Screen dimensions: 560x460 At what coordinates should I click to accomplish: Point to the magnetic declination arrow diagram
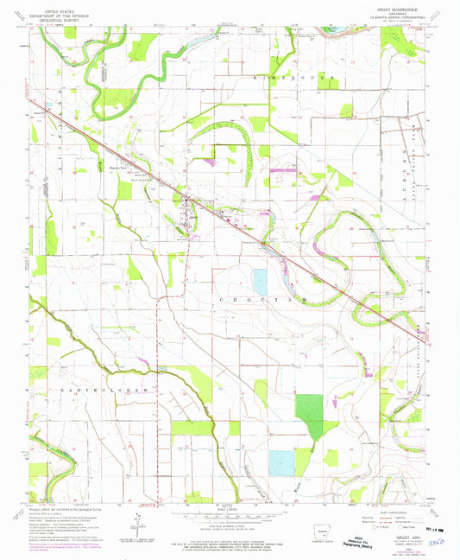click(137, 523)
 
